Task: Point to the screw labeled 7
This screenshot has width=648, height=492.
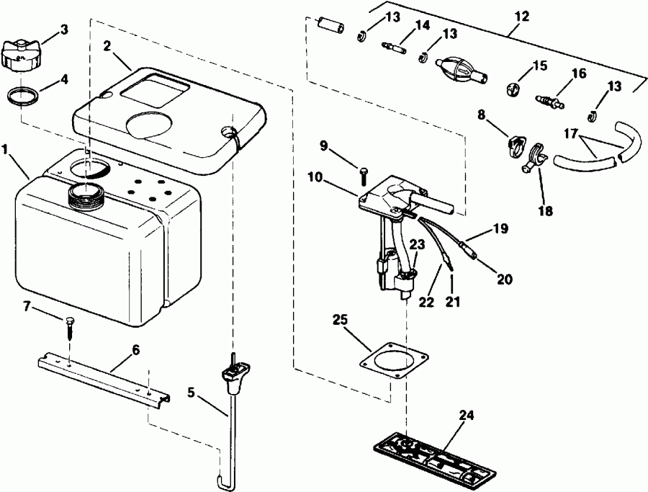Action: point(70,327)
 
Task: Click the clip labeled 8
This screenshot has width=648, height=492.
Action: point(514,144)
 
